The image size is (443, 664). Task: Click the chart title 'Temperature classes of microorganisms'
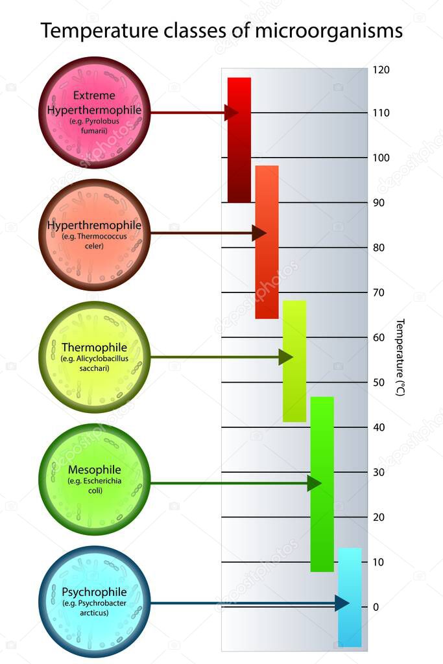click(221, 30)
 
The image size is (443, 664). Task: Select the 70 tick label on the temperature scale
click(378, 292)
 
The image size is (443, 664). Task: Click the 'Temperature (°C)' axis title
click(400, 357)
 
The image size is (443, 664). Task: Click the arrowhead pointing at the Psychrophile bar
click(342, 603)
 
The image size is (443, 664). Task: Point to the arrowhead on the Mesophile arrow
click(314, 483)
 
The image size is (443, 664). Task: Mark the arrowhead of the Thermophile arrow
click(285, 357)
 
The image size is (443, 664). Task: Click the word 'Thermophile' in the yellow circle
click(94, 347)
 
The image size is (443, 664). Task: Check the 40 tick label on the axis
click(378, 427)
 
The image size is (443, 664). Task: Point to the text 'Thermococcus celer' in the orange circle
click(95, 241)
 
